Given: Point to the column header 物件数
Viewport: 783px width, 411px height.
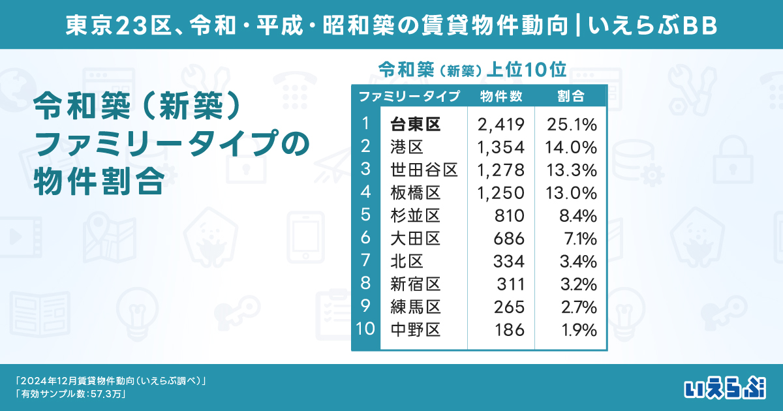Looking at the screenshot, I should coord(500,97).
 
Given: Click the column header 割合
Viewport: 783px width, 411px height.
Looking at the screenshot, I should coord(571,97).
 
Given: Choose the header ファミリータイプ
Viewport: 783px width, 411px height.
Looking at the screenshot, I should coord(409,97).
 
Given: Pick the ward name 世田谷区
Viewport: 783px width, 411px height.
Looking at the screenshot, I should coord(423,170).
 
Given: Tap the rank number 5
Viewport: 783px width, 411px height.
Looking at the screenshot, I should coord(365,215).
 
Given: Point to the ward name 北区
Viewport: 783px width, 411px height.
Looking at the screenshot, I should coord(407,262).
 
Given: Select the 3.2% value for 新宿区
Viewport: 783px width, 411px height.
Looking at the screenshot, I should coord(579,284).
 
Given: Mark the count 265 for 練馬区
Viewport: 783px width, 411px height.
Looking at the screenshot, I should coord(510,307).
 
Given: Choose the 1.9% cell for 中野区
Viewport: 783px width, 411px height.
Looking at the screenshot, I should coord(579,330).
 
